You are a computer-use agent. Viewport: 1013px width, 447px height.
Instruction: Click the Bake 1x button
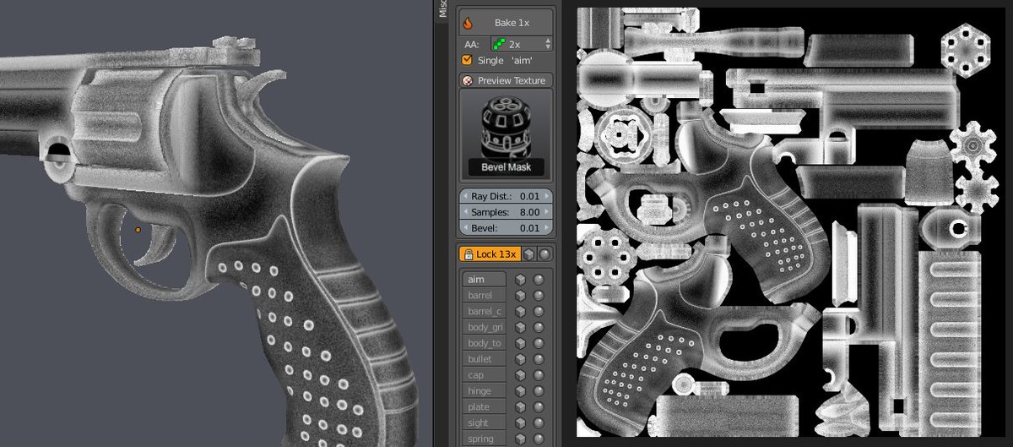click(x=506, y=22)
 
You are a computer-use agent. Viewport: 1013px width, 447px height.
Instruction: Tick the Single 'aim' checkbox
click(x=467, y=61)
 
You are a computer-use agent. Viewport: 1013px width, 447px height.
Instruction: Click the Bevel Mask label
click(x=506, y=167)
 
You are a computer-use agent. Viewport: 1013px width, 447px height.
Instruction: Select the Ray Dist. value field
click(x=506, y=196)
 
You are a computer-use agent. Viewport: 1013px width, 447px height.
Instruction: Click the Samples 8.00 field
click(x=506, y=212)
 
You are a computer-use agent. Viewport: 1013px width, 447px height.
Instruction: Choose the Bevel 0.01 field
click(x=506, y=228)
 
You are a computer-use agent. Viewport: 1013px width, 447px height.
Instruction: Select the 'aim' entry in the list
click(x=483, y=280)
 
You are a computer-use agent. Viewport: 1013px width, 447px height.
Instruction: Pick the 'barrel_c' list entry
click(x=483, y=312)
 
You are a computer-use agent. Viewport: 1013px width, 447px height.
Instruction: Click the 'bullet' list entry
click(x=483, y=359)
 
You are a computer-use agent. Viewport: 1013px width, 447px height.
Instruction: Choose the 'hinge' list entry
click(x=483, y=391)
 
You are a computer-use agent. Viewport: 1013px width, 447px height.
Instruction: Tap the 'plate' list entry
click(x=483, y=407)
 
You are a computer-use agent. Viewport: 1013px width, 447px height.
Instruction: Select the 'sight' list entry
click(x=483, y=422)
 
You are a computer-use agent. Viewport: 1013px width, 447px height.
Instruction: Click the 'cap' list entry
click(x=483, y=375)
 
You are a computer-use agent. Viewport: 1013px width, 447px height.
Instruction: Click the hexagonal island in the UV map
click(x=964, y=49)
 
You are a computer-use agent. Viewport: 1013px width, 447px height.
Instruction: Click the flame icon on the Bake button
click(x=467, y=23)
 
